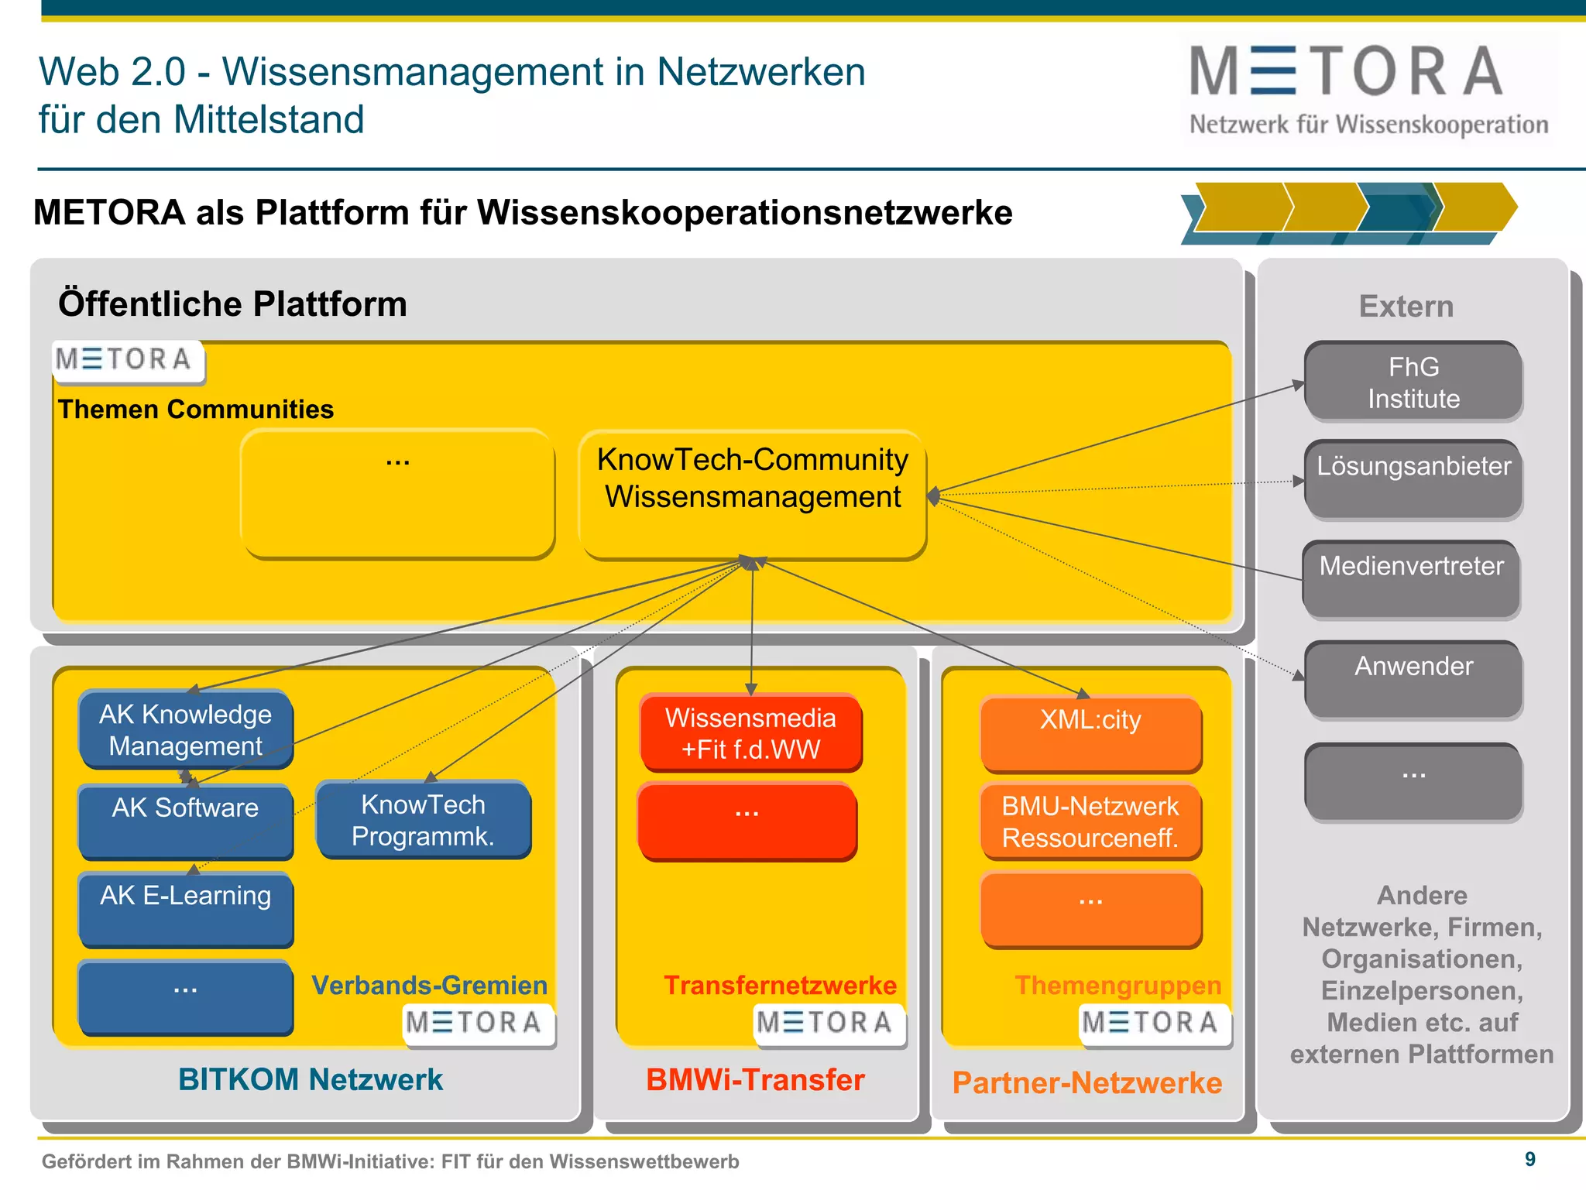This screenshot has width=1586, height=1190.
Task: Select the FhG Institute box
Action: click(1413, 382)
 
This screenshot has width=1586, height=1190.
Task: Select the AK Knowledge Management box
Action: click(185, 729)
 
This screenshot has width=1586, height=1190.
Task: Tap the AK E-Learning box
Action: click(185, 908)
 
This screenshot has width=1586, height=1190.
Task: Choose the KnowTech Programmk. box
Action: click(423, 820)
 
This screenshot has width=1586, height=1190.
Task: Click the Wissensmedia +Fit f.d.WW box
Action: click(750, 733)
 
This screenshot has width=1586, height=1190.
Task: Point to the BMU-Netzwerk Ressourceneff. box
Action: click(1090, 821)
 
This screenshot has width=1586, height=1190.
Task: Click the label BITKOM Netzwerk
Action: click(310, 1079)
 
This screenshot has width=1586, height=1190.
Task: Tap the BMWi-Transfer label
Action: click(755, 1079)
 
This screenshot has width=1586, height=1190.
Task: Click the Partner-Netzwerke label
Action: click(1087, 1082)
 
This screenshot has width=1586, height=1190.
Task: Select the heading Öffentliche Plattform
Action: click(232, 304)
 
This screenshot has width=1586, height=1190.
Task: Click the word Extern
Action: click(1406, 307)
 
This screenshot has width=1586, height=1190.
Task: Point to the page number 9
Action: click(1529, 1159)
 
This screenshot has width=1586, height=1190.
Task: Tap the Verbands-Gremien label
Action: click(429, 985)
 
